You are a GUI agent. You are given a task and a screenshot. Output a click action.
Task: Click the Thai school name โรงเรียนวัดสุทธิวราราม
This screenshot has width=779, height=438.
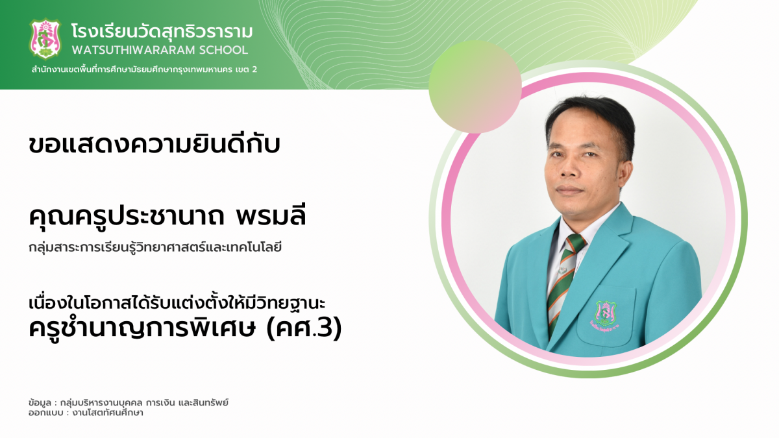tap(162, 31)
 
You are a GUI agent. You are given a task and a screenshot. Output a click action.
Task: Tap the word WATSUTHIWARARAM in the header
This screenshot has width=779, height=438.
tap(133, 50)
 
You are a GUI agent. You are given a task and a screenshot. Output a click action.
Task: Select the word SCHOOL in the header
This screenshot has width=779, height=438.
tap(223, 50)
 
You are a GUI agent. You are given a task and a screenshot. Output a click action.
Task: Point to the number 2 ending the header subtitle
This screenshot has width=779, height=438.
tap(254, 69)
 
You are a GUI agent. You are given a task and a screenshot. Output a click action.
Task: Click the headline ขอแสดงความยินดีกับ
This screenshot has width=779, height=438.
tap(155, 143)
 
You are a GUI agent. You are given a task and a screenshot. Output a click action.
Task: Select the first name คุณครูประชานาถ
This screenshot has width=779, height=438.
tap(127, 217)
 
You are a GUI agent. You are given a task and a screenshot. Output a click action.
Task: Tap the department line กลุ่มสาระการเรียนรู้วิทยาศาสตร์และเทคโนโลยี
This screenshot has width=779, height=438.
tap(155, 248)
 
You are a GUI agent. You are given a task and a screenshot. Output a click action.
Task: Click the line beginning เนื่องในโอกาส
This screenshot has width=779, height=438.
tap(177, 302)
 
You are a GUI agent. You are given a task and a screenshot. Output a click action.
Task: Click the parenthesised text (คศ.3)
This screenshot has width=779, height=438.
tap(304, 328)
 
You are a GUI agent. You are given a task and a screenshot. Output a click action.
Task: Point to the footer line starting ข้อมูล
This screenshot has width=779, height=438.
tap(129, 402)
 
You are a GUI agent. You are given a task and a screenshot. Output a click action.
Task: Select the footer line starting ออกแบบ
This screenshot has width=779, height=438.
tap(86, 413)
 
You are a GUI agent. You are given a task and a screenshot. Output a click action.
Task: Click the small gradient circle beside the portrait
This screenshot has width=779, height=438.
tap(475, 86)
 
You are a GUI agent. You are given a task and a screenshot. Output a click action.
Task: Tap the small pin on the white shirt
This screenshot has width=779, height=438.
tap(562, 270)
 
